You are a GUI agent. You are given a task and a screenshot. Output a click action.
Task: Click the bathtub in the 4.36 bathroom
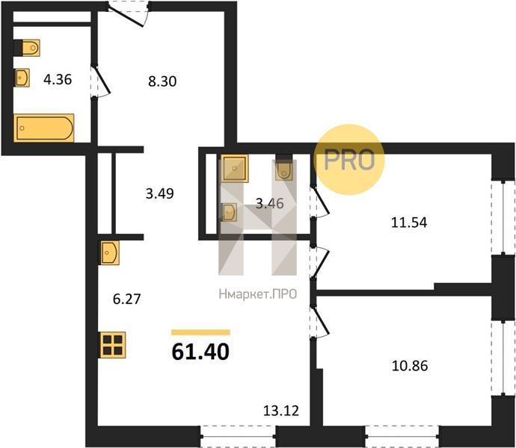coord(44,128)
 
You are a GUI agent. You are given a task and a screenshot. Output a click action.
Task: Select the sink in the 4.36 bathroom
coord(22,78)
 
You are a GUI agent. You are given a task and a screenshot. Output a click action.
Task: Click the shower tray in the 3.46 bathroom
coord(234,168)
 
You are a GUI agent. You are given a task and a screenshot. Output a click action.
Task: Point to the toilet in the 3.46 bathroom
coord(283,168)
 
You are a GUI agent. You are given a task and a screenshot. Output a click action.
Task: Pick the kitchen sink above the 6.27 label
coord(110,253)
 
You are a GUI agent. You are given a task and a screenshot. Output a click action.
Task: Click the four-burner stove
coord(112,345)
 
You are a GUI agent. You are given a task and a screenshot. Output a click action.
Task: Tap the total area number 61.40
coord(200,352)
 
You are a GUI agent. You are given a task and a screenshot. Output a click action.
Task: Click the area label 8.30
coord(162,81)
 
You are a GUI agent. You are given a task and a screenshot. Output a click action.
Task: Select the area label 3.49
coord(159,193)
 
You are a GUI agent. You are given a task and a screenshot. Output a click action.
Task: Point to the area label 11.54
coord(409,223)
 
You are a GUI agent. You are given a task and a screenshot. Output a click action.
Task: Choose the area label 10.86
coord(410,366)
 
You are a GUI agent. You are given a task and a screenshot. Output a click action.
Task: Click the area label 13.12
coord(281,411)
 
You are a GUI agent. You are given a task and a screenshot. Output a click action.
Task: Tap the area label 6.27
coord(126,299)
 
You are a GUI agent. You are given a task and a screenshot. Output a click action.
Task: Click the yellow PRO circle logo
coord(348,160)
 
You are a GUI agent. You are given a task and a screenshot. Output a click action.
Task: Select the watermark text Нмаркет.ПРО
coord(258,294)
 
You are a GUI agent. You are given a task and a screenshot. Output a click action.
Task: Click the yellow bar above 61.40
coord(200,332)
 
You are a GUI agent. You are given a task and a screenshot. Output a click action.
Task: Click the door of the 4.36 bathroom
coord(99,81)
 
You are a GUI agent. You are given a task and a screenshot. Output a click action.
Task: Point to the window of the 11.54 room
coord(503,217)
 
